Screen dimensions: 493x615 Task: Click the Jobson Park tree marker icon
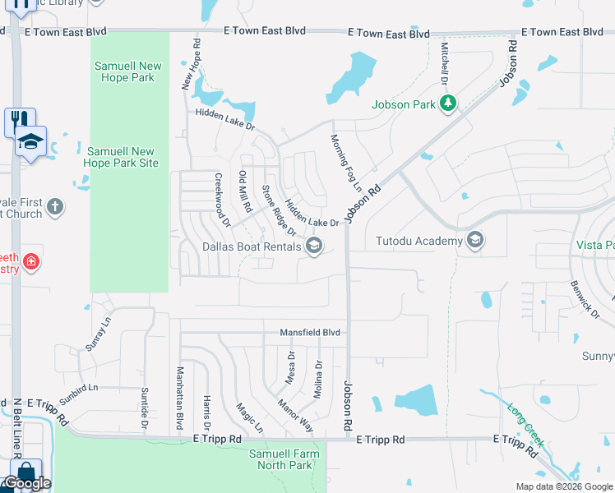[x=448, y=104]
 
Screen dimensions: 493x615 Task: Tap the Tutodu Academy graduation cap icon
[x=474, y=241]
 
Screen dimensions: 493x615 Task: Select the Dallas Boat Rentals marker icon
[x=313, y=246]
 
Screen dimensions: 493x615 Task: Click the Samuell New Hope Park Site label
[x=121, y=157]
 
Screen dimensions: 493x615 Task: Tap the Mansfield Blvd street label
[x=309, y=332]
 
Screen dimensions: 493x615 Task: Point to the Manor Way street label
[x=295, y=416]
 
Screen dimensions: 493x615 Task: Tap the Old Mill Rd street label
[x=244, y=191]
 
